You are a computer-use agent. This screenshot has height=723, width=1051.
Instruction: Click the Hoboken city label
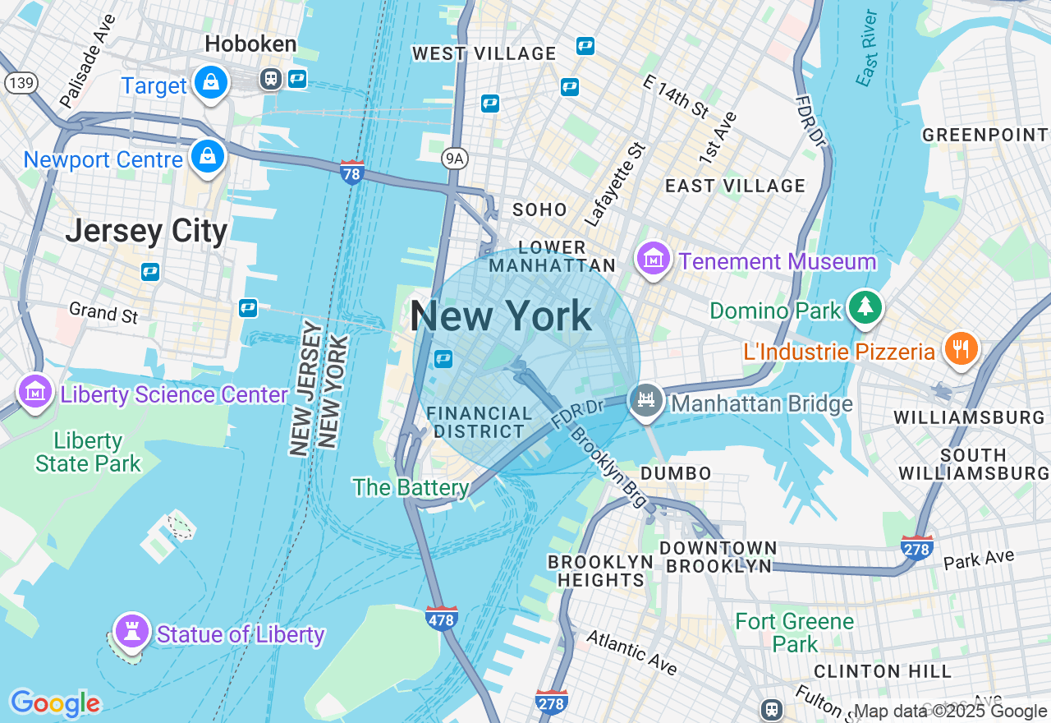click(250, 44)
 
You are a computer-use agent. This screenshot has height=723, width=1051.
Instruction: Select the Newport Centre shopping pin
click(208, 156)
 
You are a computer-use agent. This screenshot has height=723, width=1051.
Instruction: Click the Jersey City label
click(146, 231)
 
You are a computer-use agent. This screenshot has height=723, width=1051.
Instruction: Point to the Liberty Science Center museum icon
click(34, 393)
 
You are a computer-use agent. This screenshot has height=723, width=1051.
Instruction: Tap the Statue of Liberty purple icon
click(131, 631)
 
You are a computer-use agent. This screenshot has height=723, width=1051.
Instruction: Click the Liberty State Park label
click(88, 452)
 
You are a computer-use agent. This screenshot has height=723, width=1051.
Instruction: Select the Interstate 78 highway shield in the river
click(352, 172)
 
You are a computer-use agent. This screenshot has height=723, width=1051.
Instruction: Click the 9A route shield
click(454, 158)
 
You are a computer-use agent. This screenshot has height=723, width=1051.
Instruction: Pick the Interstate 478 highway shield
click(441, 619)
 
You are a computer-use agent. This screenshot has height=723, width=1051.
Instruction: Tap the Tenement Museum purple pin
click(653, 260)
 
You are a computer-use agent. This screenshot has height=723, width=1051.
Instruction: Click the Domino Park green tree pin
click(865, 306)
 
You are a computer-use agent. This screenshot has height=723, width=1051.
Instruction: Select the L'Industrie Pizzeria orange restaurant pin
click(958, 349)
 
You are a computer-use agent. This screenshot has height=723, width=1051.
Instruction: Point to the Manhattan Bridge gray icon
click(646, 402)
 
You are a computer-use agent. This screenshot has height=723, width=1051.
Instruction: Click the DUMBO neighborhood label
click(676, 473)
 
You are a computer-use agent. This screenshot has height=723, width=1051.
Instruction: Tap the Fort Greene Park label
click(794, 632)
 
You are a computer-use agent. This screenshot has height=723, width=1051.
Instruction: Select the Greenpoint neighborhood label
click(984, 135)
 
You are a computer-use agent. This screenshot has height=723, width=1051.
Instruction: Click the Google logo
click(54, 703)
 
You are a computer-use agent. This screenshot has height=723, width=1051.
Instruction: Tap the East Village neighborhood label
click(735, 186)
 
